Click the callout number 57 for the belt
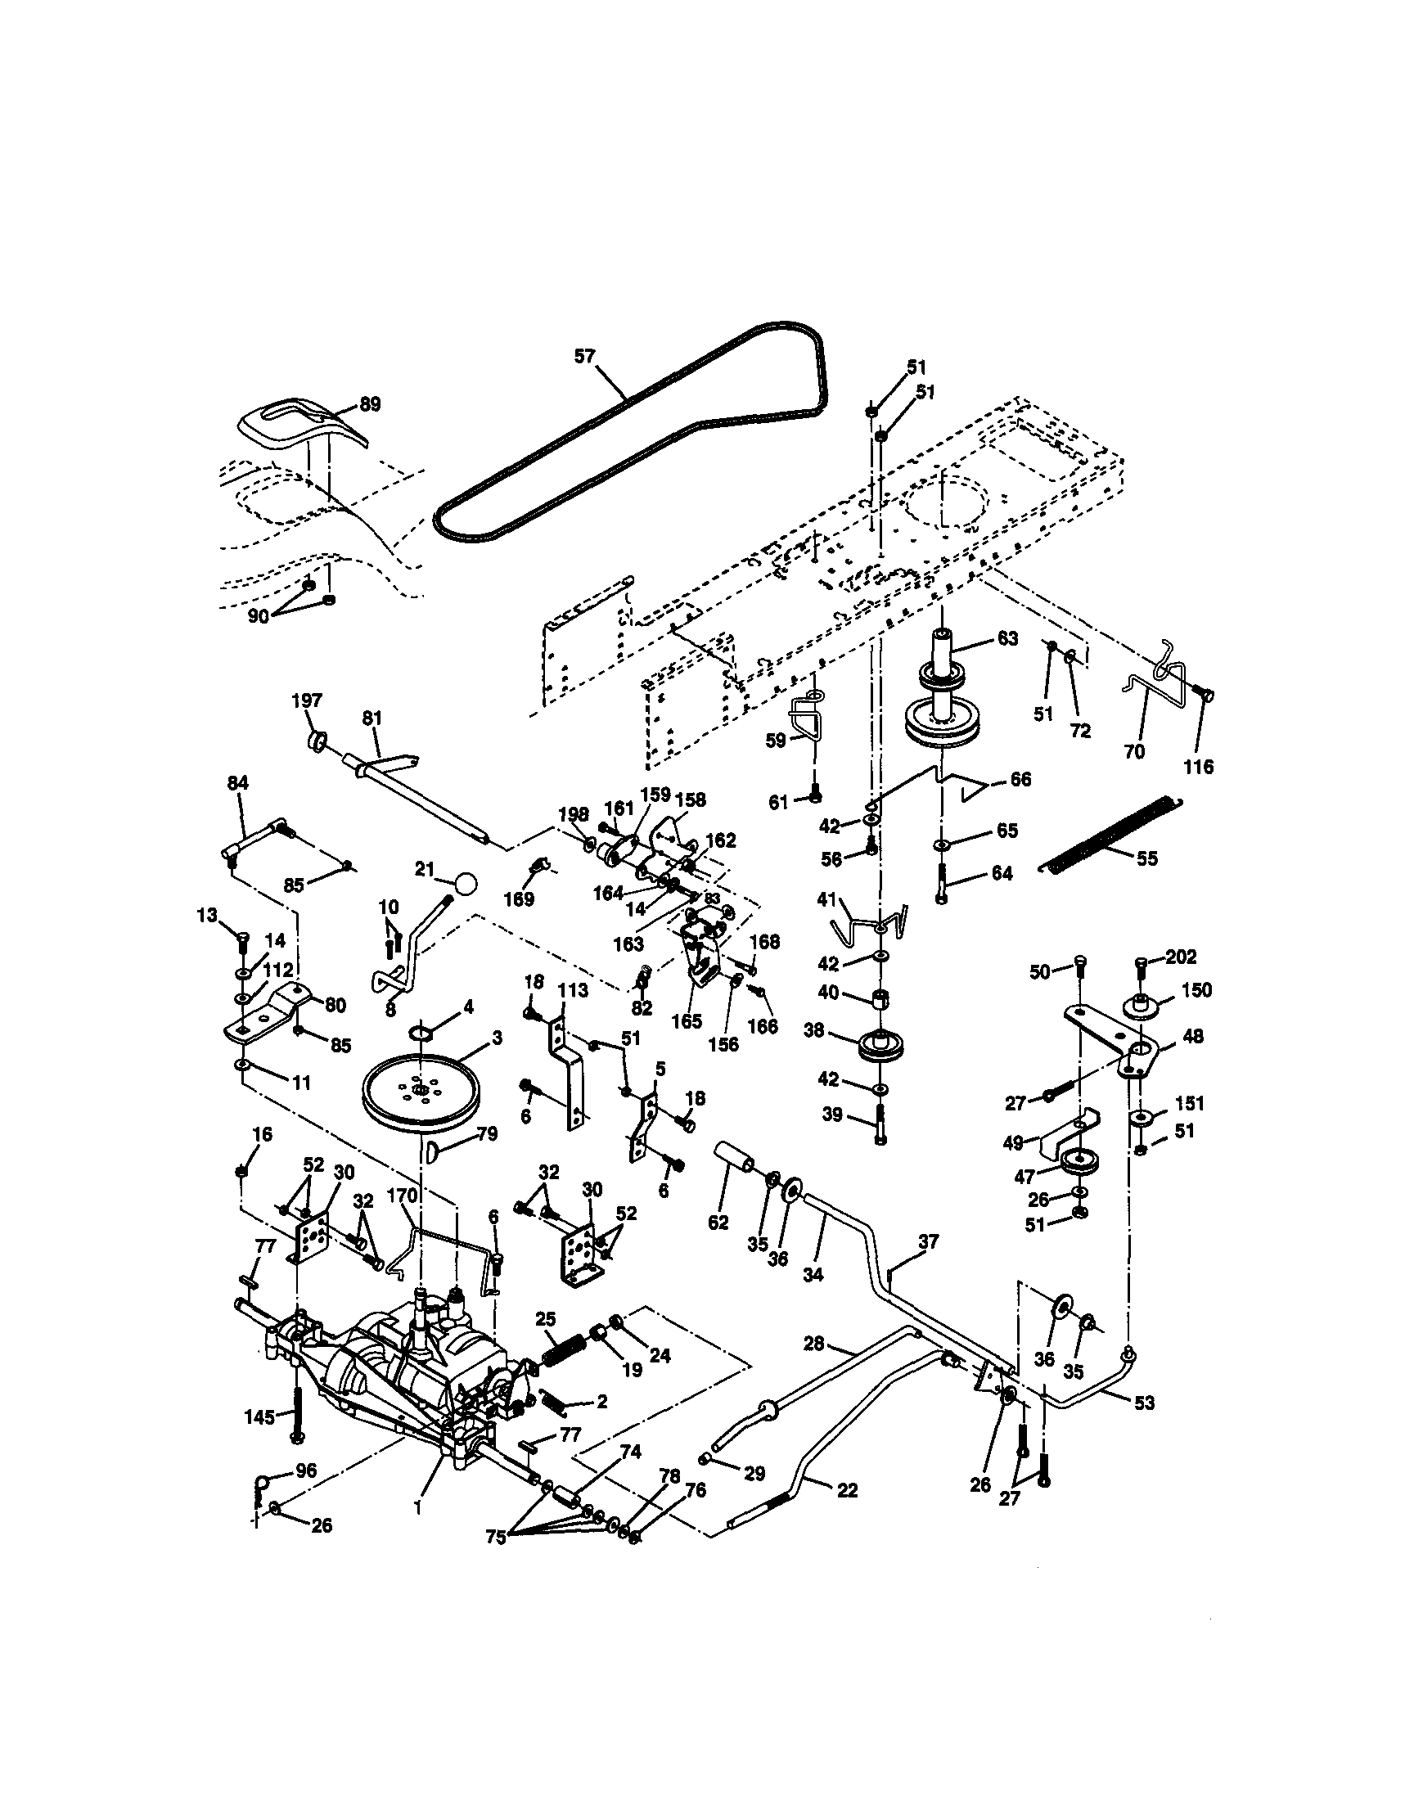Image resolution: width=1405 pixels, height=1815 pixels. point(585,357)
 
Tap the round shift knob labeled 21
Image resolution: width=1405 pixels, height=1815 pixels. point(467,883)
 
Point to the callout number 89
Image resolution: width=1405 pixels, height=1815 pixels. point(369,405)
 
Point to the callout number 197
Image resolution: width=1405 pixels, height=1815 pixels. point(307,700)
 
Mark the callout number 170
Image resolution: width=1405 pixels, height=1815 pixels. point(401,1196)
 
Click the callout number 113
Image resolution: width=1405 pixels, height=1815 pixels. point(573,990)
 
